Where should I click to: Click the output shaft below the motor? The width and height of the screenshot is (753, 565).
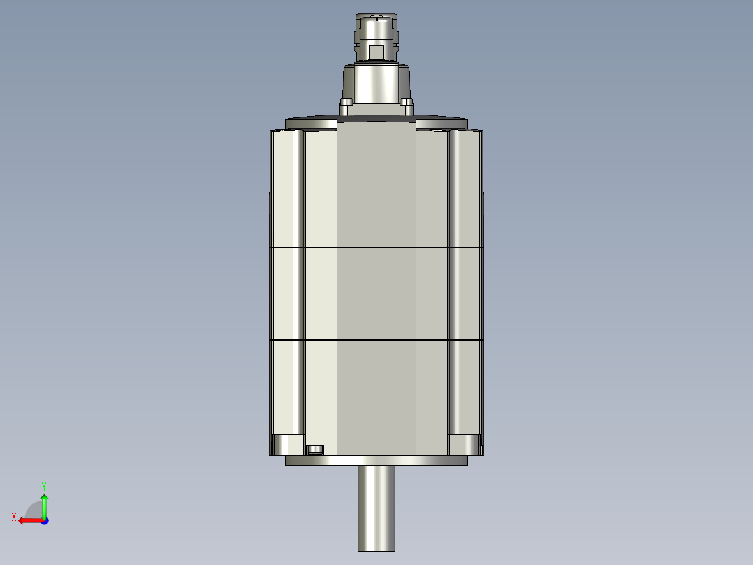tap(376, 508)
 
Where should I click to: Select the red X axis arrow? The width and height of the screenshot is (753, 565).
tap(29, 520)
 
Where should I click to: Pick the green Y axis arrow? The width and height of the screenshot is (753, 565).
tap(44, 506)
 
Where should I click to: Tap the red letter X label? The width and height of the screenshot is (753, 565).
tap(14, 517)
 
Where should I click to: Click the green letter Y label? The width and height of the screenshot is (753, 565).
tap(43, 485)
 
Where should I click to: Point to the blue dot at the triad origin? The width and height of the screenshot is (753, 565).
tap(44, 520)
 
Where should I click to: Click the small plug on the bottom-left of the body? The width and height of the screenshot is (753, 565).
tap(316, 449)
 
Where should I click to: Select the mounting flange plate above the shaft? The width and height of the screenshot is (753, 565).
tap(376, 461)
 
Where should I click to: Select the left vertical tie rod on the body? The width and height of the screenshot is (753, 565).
tap(298, 280)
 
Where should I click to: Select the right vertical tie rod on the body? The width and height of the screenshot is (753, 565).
tap(454, 280)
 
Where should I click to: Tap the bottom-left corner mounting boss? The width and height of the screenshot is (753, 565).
tap(286, 444)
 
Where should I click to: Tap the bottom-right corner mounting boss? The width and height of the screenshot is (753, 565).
tap(465, 444)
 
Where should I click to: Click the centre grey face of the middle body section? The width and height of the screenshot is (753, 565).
tap(376, 294)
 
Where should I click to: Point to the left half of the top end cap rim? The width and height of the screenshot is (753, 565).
tap(312, 124)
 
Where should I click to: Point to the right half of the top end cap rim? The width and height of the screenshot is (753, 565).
tap(441, 124)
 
